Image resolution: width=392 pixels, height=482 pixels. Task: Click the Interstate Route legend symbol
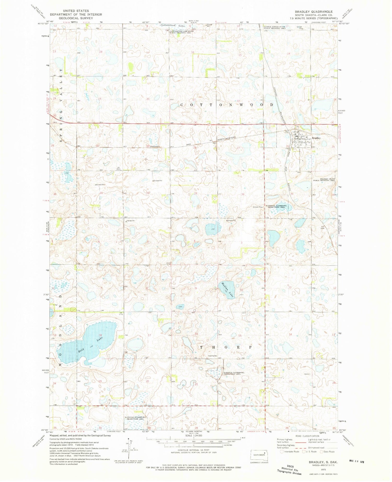click(282, 452)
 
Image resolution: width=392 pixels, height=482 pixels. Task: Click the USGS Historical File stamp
click(290, 469)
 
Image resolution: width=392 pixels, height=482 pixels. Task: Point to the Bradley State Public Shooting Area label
click(324, 180)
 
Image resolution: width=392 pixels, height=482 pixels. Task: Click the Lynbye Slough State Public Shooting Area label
click(274, 27)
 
